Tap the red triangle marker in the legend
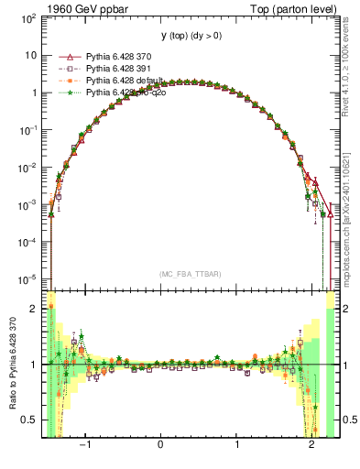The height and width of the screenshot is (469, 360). click(x=66, y=57)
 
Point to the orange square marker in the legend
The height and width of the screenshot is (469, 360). click(x=66, y=81)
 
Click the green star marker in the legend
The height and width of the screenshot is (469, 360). click(x=66, y=93)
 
